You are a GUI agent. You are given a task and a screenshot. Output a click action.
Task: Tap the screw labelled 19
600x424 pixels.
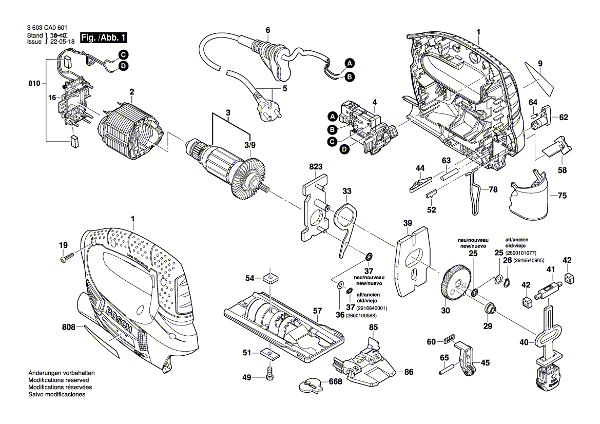[67, 260]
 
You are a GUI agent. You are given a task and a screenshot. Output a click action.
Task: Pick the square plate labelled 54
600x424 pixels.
[270, 279]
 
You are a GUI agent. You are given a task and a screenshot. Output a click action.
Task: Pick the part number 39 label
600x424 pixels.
[408, 223]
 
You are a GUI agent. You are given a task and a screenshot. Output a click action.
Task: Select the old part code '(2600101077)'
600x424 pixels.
[520, 253]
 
